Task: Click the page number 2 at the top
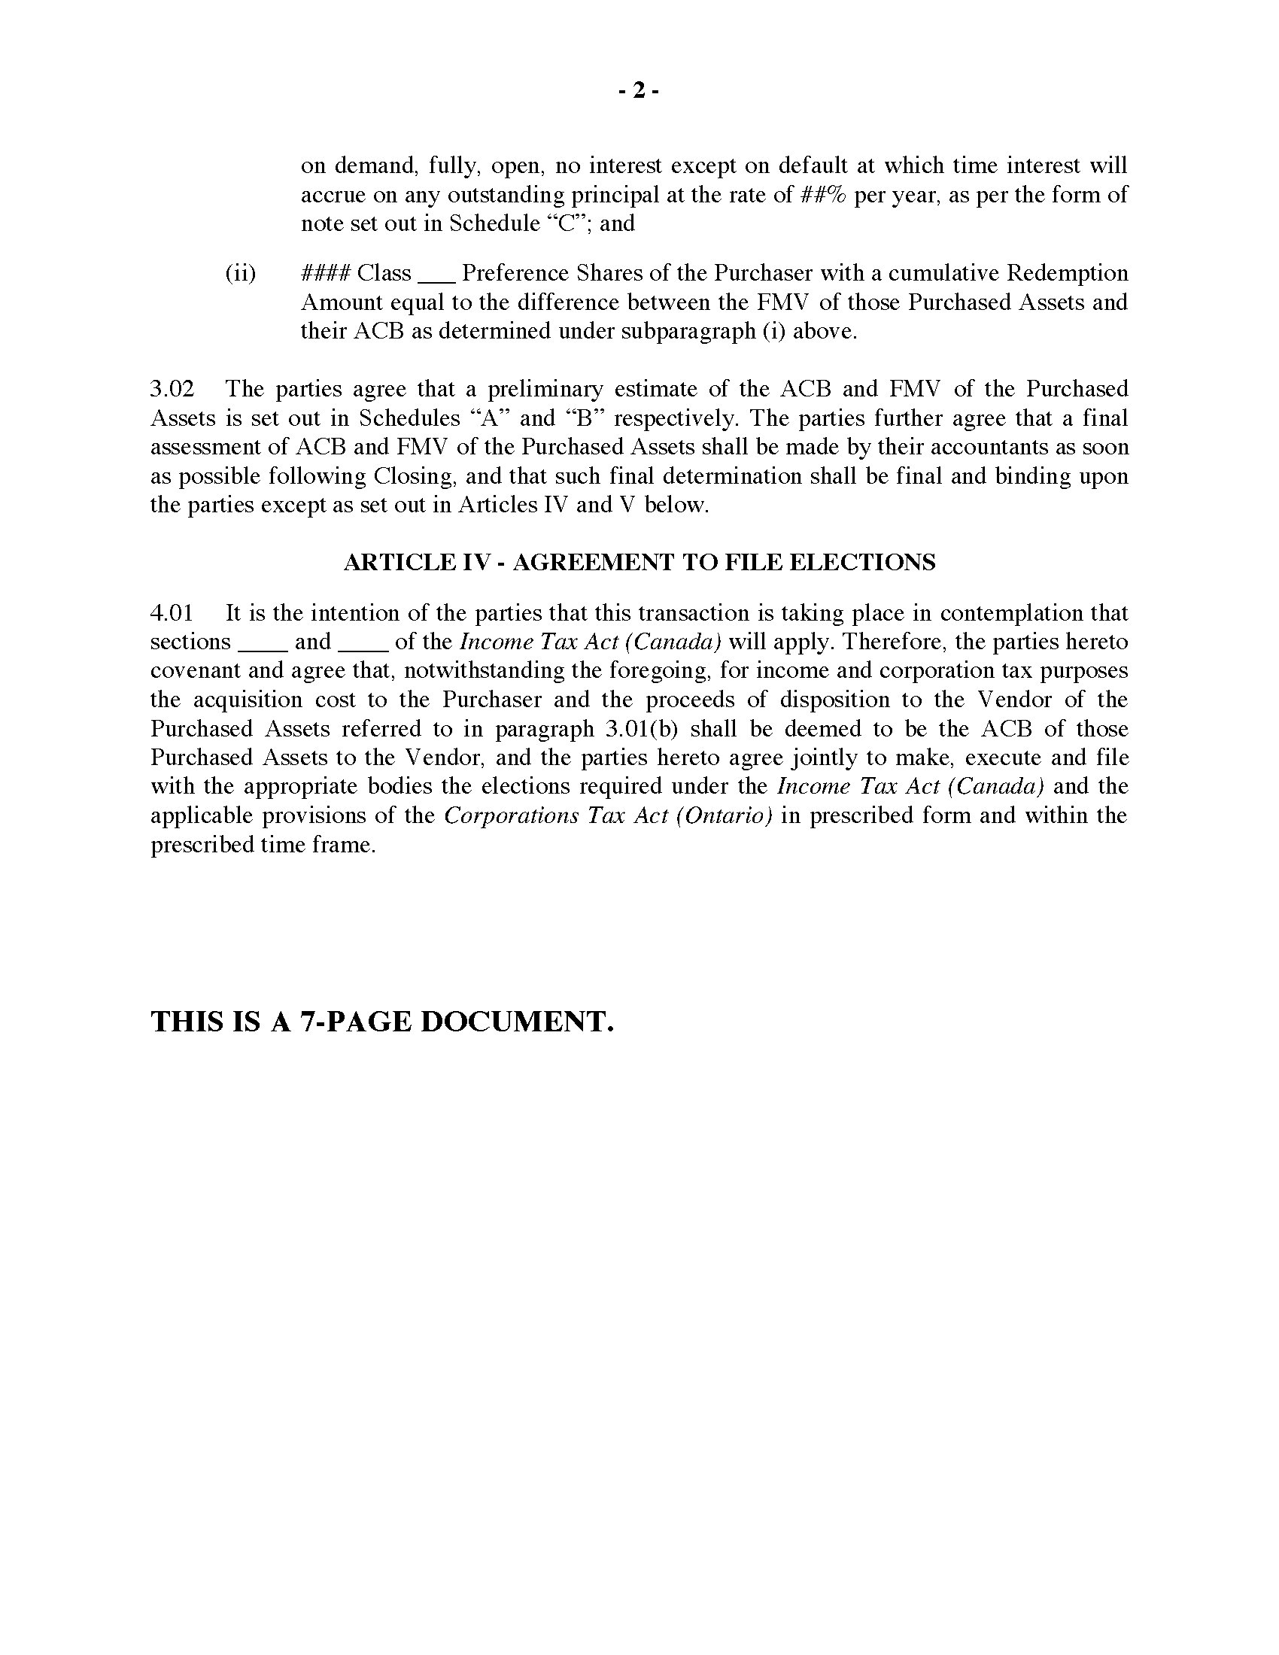(x=639, y=91)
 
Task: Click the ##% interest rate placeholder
(x=822, y=195)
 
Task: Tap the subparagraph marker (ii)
(x=240, y=273)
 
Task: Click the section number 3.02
(x=173, y=389)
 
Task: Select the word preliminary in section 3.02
(x=545, y=389)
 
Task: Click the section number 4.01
(x=173, y=613)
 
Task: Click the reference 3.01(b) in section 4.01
(x=643, y=729)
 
